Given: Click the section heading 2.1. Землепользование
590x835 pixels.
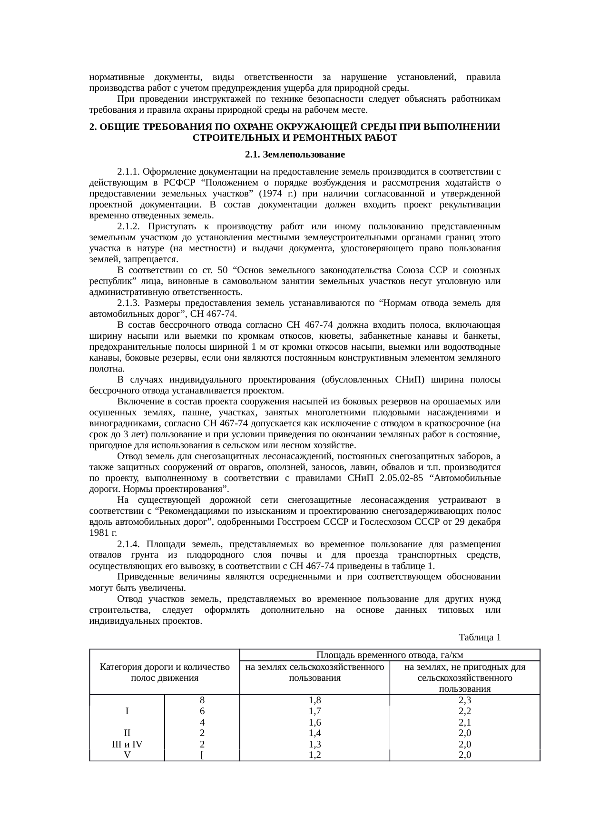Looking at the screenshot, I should pyautogui.click(x=295, y=155).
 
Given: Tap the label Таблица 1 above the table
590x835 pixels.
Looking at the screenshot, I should pyautogui.click(x=479, y=637).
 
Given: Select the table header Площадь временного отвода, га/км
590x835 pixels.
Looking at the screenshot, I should pyautogui.click(x=390, y=655).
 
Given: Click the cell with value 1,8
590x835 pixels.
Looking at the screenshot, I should pyautogui.click(x=315, y=700).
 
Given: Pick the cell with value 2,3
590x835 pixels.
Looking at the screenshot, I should pyautogui.click(x=464, y=700).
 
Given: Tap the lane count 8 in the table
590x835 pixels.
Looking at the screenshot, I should pyautogui.click(x=202, y=700).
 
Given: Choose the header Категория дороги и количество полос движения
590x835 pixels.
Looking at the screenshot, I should pyautogui.click(x=165, y=672).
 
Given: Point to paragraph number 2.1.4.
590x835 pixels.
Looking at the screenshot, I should pyautogui.click(x=128, y=544).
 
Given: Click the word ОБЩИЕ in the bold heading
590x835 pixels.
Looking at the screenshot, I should pyautogui.click(x=119, y=128).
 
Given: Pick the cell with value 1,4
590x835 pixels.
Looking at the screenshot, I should pyautogui.click(x=315, y=733).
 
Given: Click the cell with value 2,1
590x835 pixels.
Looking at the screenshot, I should pyautogui.click(x=464, y=722).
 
